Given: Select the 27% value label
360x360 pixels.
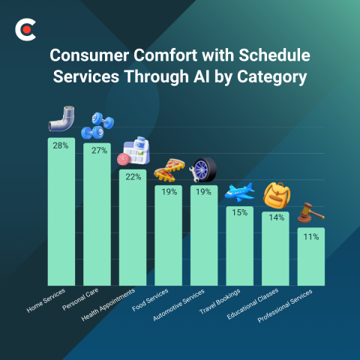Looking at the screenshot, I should pyautogui.click(x=97, y=151).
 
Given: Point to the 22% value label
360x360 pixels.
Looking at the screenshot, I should pyautogui.click(x=133, y=177).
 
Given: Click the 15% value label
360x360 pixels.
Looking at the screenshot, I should pyautogui.click(x=240, y=213).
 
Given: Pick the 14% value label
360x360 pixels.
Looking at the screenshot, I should pyautogui.click(x=275, y=217).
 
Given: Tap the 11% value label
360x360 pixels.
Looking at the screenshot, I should pyautogui.click(x=311, y=236).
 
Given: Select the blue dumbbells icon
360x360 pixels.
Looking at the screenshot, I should pyautogui.click(x=97, y=125).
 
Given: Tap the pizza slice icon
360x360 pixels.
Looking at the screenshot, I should pyautogui.click(x=169, y=171).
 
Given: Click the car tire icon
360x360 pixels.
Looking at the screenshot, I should pyautogui.click(x=202, y=170).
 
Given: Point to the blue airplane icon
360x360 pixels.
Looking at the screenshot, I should pyautogui.click(x=239, y=193).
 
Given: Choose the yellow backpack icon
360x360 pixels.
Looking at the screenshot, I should pyautogui.click(x=276, y=195).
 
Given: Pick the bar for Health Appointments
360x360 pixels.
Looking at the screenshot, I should pyautogui.click(x=133, y=225).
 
